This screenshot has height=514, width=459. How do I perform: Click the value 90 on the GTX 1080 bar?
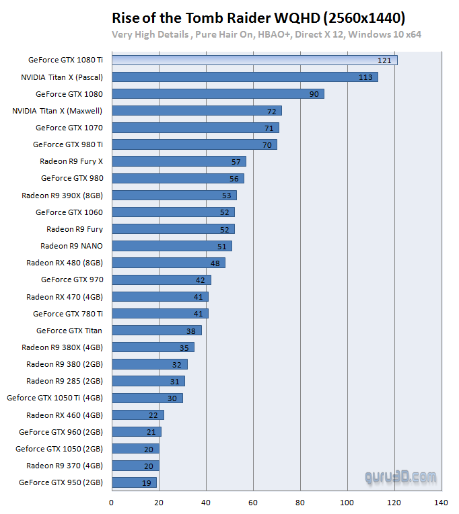click(314, 94)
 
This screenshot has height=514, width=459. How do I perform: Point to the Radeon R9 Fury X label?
click(71, 161)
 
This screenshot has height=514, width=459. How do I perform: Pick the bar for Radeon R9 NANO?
click(172, 246)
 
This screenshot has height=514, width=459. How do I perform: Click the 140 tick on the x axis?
click(442, 502)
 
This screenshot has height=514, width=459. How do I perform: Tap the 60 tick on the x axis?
click(253, 502)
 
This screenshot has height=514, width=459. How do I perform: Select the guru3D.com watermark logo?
click(400, 477)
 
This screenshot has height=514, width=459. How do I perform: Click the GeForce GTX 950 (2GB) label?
click(61, 482)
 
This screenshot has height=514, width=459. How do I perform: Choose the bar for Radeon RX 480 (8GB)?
click(168, 263)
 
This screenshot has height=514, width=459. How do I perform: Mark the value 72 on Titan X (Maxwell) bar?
click(272, 111)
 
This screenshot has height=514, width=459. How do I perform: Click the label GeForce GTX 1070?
click(69, 128)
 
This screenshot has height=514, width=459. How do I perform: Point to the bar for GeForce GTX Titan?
click(156, 331)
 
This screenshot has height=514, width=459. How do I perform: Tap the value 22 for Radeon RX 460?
click(153, 415)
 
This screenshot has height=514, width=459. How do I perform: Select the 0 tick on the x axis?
click(112, 502)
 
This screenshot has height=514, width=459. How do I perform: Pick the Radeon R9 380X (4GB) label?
click(62, 347)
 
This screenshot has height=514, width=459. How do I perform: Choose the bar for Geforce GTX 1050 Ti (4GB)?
click(147, 398)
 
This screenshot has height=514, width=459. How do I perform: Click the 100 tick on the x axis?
click(347, 502)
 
